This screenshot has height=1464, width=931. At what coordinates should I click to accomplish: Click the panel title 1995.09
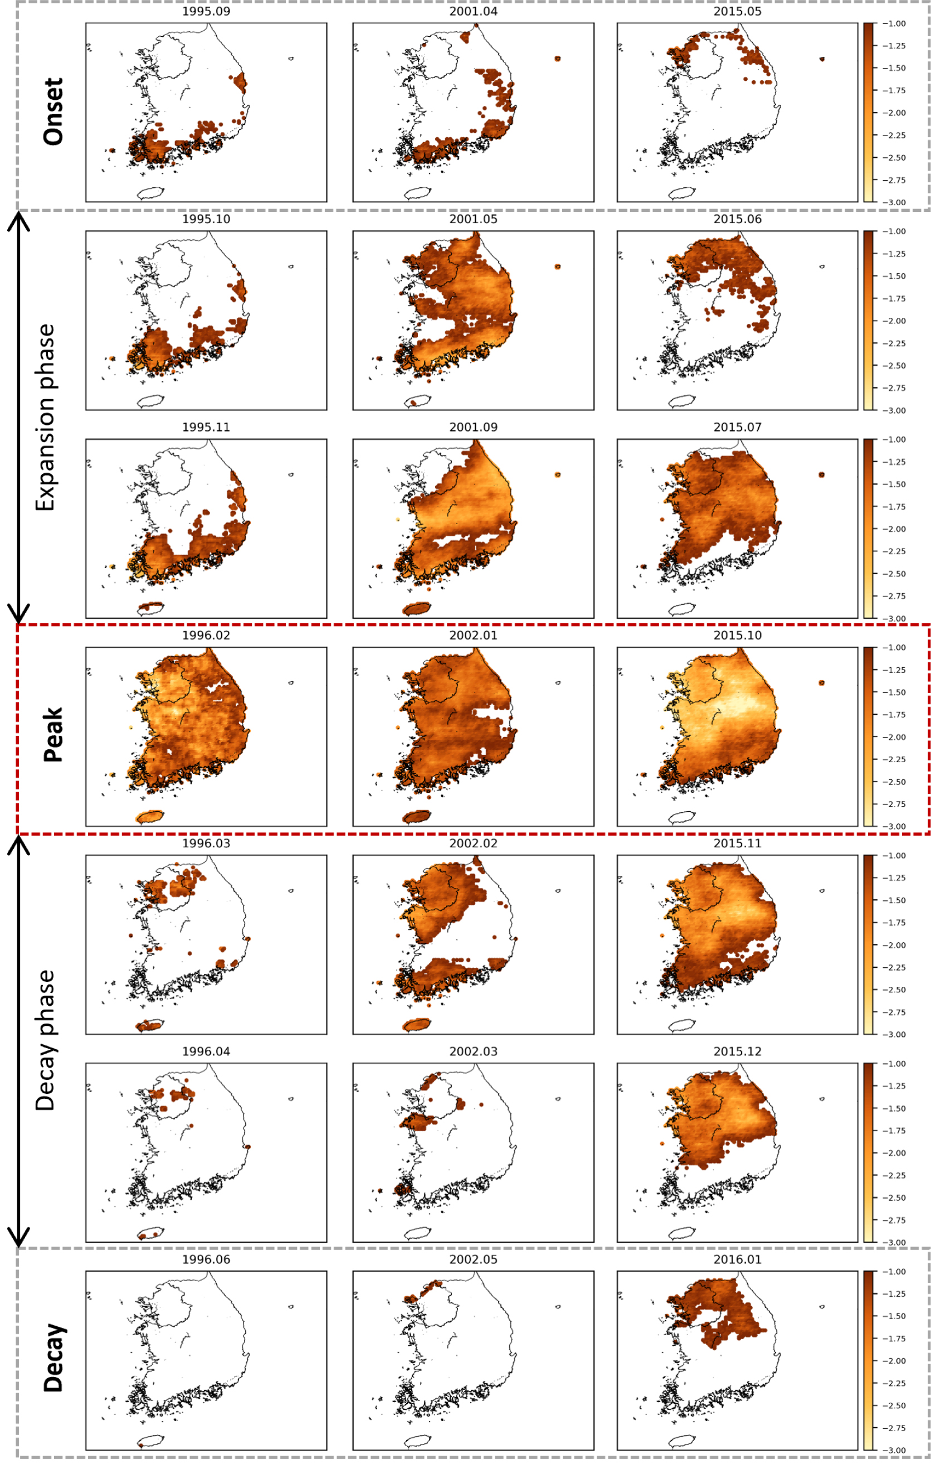(206, 12)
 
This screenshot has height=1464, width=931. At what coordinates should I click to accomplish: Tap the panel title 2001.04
(474, 12)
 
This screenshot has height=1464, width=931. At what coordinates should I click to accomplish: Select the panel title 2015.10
(737, 636)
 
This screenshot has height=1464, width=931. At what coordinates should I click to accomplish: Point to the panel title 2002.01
(474, 636)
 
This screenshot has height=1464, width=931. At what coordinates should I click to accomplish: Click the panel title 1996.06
(206, 1259)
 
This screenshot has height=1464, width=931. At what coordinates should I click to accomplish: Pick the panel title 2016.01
(737, 1259)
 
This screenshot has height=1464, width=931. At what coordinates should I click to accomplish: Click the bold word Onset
(53, 112)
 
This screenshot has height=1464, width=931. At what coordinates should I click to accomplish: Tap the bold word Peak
(53, 734)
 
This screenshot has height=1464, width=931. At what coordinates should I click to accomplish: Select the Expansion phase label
(46, 417)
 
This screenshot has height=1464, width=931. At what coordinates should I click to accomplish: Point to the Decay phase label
(46, 1040)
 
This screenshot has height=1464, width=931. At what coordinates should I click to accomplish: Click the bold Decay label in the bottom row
(53, 1358)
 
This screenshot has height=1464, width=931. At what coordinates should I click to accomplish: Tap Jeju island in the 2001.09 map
(417, 608)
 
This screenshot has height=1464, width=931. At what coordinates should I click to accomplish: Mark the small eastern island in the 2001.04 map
(557, 59)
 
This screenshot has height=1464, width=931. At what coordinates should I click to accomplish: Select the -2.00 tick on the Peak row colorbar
(894, 737)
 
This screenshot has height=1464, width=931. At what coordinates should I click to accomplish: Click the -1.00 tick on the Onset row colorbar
(894, 24)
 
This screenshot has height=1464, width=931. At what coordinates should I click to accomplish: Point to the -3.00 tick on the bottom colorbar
(894, 1450)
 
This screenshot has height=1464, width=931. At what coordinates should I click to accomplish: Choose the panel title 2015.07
(737, 428)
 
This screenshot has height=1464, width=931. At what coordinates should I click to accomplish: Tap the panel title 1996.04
(206, 1051)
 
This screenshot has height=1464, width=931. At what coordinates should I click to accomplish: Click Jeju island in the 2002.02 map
(417, 1025)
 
